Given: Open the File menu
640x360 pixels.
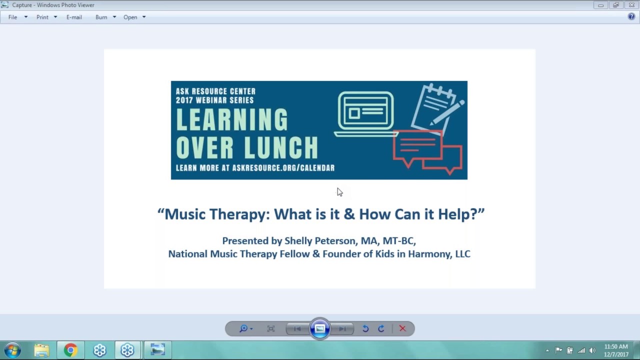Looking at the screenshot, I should click(13, 17).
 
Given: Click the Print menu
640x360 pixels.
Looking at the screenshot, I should click(42, 17).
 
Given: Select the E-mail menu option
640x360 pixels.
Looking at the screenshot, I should click(74, 17).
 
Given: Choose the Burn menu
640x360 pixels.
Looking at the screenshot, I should click(101, 17).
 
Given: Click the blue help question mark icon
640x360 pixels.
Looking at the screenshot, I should click(631, 16).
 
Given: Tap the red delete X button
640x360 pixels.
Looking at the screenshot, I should click(402, 328).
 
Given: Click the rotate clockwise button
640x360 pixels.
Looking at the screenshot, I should click(381, 328).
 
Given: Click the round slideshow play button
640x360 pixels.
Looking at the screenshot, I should click(320, 328).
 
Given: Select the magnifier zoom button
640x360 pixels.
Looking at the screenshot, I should click(243, 328).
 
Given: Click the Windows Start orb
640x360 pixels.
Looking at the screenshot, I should click(12, 350).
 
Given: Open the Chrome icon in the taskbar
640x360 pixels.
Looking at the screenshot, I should click(70, 350).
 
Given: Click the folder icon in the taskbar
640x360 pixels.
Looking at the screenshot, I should click(42, 350).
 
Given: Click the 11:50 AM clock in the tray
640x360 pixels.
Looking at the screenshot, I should click(616, 346).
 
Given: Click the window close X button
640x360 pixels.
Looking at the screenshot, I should click(631, 5).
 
